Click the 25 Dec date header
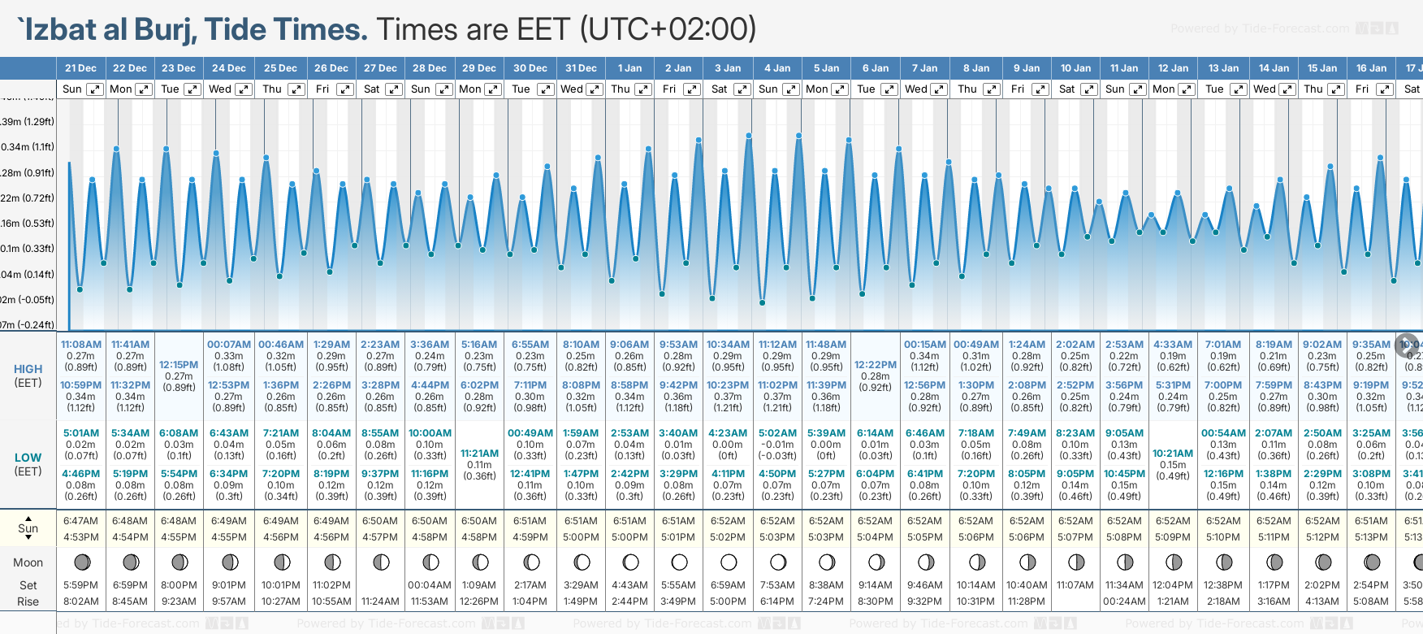coord(280,68)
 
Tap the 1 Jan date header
coord(629,68)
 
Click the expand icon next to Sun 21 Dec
coord(95,89)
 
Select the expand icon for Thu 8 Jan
coord(992,89)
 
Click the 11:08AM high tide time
coord(81,345)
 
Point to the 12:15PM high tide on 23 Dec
coord(179,365)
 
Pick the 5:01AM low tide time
coord(81,433)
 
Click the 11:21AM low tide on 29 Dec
coord(479,454)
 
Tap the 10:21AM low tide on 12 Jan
coord(1173,454)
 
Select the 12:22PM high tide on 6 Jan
coord(876,365)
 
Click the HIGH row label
coord(28,369)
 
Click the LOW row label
coord(28,458)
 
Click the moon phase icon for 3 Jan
coord(729,562)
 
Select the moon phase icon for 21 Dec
coord(81,562)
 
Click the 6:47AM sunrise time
coord(80,521)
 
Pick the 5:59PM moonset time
coord(80,585)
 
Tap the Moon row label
coord(28,562)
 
